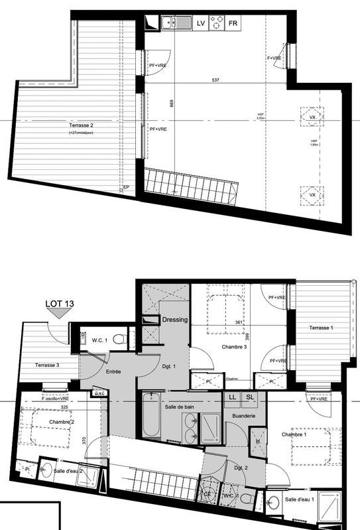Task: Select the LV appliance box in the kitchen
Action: (201, 23)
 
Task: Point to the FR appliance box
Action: (233, 23)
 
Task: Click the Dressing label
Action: (176, 320)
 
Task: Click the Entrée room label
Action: (113, 372)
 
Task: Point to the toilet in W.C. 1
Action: (118, 339)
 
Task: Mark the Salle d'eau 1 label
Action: (300, 499)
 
